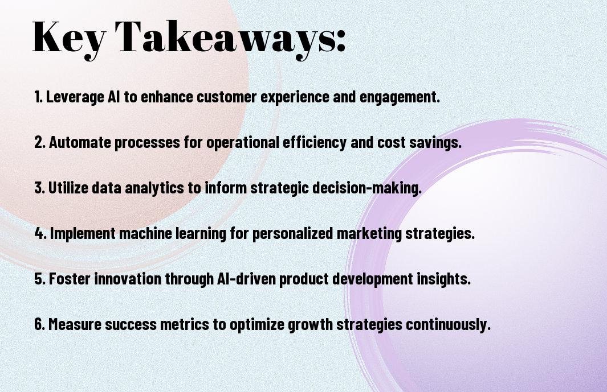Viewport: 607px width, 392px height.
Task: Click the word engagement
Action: coord(400,97)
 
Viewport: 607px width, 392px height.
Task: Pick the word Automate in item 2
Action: coord(80,142)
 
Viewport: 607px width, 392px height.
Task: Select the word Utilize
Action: coord(71,188)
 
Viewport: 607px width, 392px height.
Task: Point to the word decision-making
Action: coord(366,188)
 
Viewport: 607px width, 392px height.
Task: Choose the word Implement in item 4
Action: coord(83,233)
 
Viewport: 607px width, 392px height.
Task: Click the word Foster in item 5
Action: coord(70,278)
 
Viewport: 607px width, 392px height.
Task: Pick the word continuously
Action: coord(448,324)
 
